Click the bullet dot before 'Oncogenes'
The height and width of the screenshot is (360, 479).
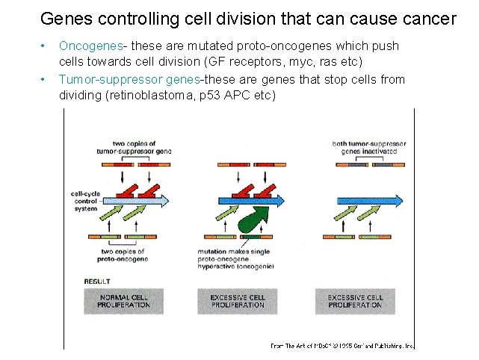(46, 47)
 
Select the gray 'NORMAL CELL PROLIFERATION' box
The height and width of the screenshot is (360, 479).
(124, 301)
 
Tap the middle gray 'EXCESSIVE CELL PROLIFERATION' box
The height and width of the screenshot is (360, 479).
(238, 301)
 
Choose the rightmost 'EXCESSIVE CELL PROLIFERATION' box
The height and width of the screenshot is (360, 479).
(356, 301)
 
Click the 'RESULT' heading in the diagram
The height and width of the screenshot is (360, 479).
(97, 282)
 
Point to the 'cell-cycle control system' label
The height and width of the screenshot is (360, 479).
(84, 199)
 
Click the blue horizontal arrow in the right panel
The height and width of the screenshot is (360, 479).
(370, 200)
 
